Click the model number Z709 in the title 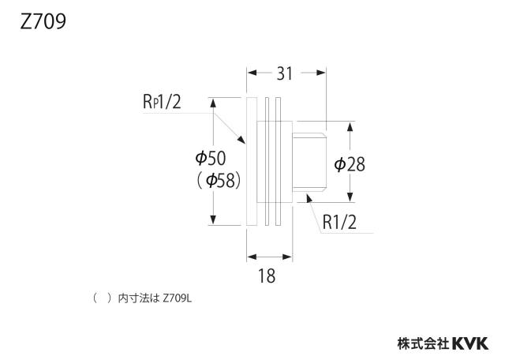click(43, 21)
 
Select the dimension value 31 click(285, 73)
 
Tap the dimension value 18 click(267, 276)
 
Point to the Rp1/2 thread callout click(162, 102)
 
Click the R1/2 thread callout click(339, 222)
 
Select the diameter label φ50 click(211, 158)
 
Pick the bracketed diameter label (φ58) click(219, 181)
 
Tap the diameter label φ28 click(350, 164)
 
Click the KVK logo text click(470, 343)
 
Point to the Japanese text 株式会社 click(423, 343)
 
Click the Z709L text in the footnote click(177, 298)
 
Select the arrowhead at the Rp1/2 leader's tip click(241, 139)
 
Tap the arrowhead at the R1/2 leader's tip click(309, 198)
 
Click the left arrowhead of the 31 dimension click(252, 73)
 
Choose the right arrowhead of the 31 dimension click(321, 73)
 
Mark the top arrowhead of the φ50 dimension click(212, 103)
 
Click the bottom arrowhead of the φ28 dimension click(350, 197)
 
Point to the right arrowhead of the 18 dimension click(287, 257)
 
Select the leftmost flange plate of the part click(252, 161)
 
